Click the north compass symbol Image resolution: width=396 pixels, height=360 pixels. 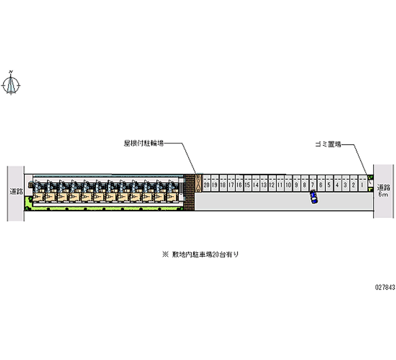point(11,84)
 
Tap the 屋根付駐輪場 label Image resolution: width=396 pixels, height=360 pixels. point(144,144)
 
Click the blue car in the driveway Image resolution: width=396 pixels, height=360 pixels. point(313,197)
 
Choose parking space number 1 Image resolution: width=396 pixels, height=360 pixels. point(362,185)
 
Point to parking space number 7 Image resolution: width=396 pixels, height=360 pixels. point(313,185)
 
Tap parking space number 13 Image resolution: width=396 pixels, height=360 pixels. point(263,185)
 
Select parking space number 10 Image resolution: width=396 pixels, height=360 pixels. point(288,185)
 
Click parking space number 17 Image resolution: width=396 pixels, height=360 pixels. point(231,185)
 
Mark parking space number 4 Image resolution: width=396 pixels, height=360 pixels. point(337,185)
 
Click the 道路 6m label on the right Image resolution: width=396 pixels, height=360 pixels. point(384,191)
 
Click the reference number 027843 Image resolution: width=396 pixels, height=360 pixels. point(385,286)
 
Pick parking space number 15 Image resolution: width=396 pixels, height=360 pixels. point(247,185)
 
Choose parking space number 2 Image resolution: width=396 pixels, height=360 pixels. point(353,185)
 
